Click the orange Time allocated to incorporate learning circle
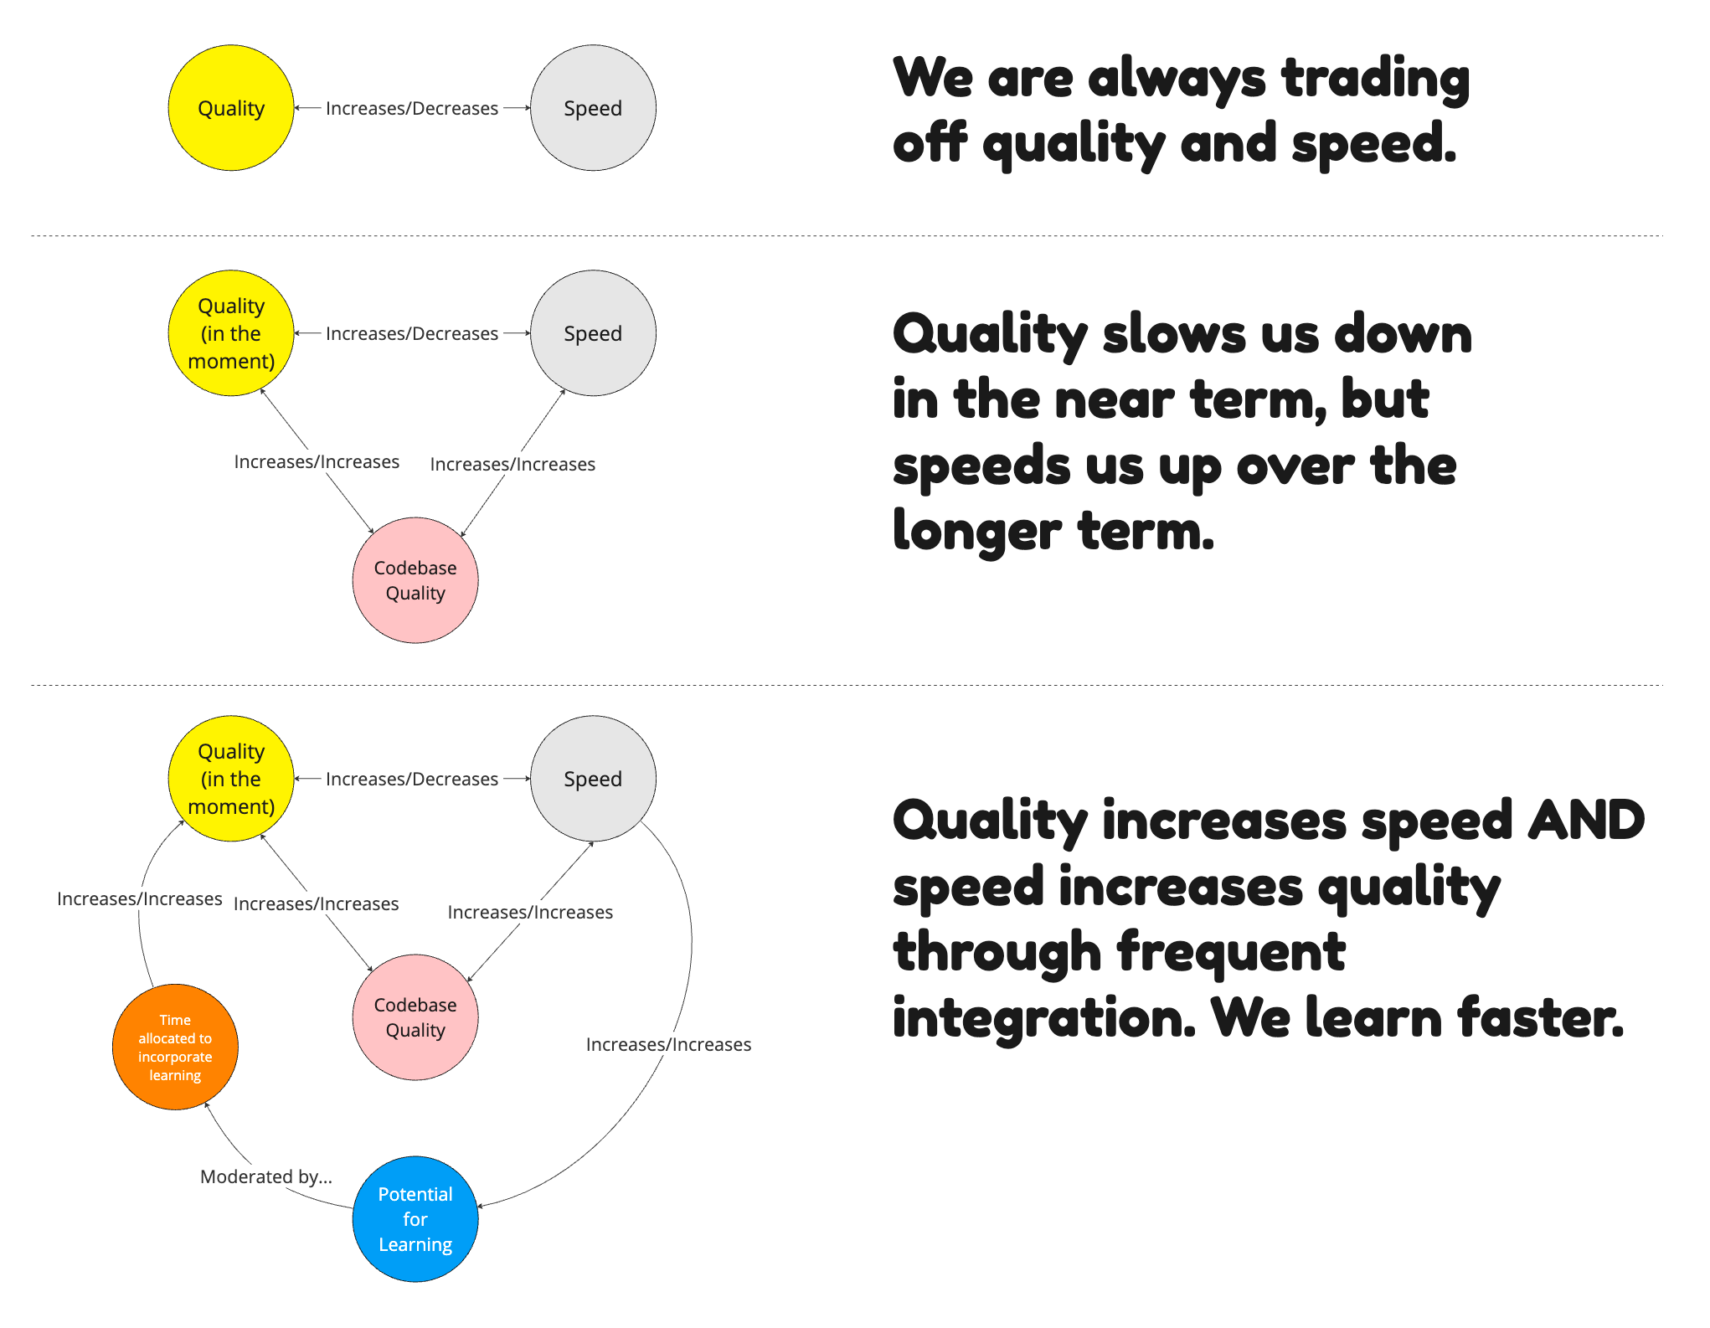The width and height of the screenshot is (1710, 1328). click(x=175, y=1047)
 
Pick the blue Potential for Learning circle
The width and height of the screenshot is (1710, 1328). click(x=415, y=1219)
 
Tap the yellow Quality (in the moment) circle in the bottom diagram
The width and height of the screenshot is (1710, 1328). click(x=231, y=779)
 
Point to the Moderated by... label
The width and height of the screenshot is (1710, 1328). click(x=266, y=1176)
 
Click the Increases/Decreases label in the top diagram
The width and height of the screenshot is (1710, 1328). click(x=412, y=108)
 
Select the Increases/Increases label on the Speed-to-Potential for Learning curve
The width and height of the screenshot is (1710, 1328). click(x=668, y=1044)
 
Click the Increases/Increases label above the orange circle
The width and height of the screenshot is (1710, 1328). click(x=140, y=898)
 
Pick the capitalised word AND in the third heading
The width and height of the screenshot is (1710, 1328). click(x=1586, y=821)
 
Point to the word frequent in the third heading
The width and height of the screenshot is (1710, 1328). click(x=1231, y=953)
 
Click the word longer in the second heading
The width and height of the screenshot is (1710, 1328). click(x=976, y=533)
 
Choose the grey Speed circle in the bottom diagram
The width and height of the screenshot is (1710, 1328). click(x=593, y=779)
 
